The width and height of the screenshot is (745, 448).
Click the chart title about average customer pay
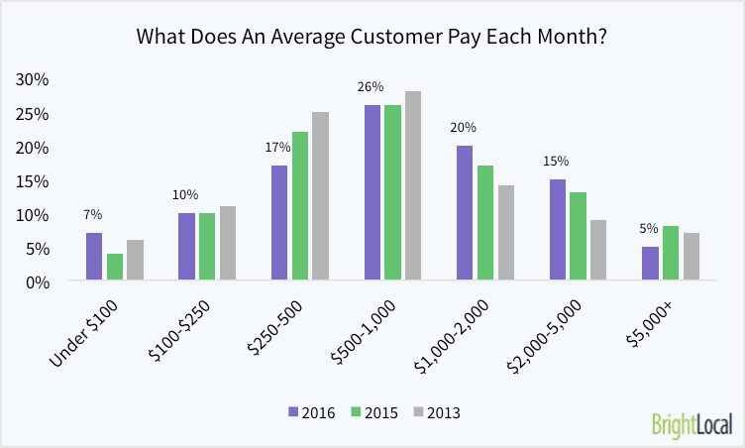(372, 38)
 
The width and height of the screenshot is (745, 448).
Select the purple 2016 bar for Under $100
(93, 257)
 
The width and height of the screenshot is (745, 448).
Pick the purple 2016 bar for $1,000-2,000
(464, 213)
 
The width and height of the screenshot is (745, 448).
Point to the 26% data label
(372, 88)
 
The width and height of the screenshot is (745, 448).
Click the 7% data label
(92, 215)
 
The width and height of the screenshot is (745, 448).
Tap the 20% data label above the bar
(464, 128)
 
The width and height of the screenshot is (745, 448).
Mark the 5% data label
(650, 229)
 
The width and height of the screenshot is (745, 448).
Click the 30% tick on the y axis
(33, 79)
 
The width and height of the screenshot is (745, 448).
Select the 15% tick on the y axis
(33, 180)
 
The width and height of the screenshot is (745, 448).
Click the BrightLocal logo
(692, 425)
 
